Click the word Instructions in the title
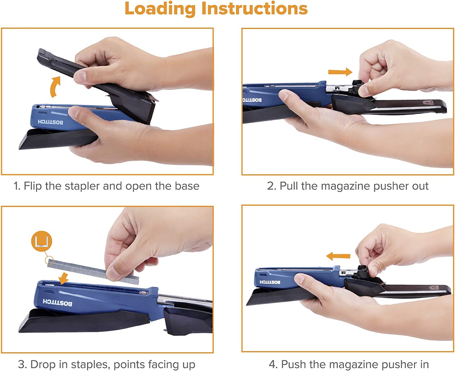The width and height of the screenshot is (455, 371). click(x=255, y=8)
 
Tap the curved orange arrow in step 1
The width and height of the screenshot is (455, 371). click(x=55, y=87)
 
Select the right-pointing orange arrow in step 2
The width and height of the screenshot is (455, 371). click(x=340, y=72)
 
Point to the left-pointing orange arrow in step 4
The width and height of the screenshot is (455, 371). click(x=338, y=256)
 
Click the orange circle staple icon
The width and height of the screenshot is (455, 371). click(x=42, y=241)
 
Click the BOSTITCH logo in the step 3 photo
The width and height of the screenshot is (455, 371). click(x=57, y=302)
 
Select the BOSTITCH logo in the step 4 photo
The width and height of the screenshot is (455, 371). click(x=270, y=282)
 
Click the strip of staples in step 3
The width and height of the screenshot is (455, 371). click(x=93, y=271)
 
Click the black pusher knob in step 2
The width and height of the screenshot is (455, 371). click(x=358, y=87)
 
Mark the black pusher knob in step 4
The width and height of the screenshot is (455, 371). click(x=362, y=272)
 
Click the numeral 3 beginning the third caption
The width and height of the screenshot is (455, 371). click(x=21, y=364)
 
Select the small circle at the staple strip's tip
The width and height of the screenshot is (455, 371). click(x=49, y=260)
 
